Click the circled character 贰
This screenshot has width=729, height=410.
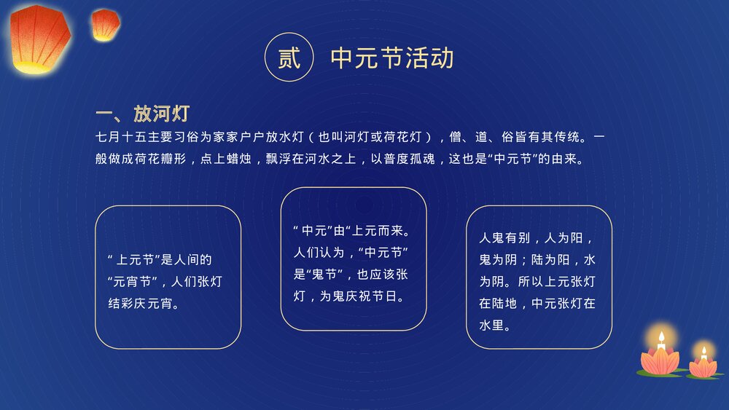[x=289, y=58]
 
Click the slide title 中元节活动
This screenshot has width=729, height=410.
[x=392, y=58]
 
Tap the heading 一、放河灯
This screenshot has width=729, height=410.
[x=143, y=114]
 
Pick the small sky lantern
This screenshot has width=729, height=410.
[x=105, y=24]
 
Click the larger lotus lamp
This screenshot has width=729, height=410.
[x=660, y=359]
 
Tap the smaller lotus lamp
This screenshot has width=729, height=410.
[x=703, y=365]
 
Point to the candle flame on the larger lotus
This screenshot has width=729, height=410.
[x=661, y=338]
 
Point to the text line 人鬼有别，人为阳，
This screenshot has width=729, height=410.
[x=536, y=238]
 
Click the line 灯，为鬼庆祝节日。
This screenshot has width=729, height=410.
[x=349, y=296]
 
